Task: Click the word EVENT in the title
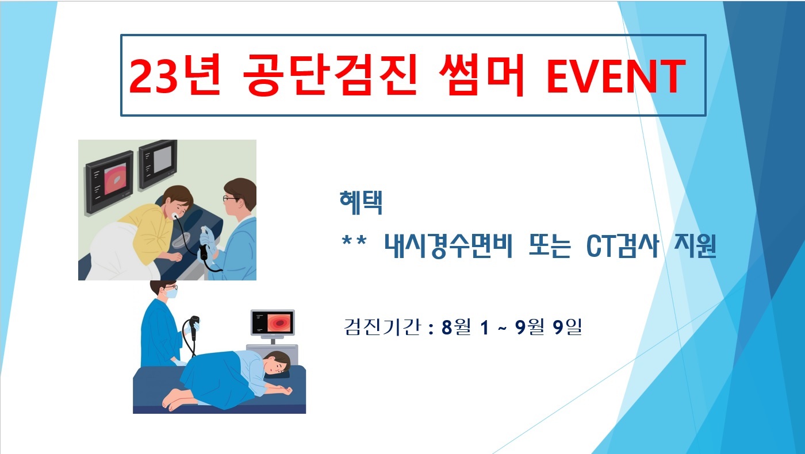coord(616,76)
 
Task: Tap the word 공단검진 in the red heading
coord(330,75)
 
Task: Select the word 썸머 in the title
coord(482,75)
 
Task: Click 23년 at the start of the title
coord(174,75)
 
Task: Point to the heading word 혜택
coord(361,202)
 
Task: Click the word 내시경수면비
coord(448,246)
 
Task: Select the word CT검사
coord(622,246)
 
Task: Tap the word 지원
coord(695,246)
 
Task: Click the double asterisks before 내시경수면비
coord(354,241)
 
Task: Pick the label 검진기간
coord(382,327)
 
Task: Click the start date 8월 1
coord(465,327)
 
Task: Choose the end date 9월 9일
coord(549,327)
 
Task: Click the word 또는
coord(550,246)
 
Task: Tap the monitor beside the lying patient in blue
coord(273,323)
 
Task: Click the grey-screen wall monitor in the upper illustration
coord(158,164)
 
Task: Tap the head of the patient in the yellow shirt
coord(178,201)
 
